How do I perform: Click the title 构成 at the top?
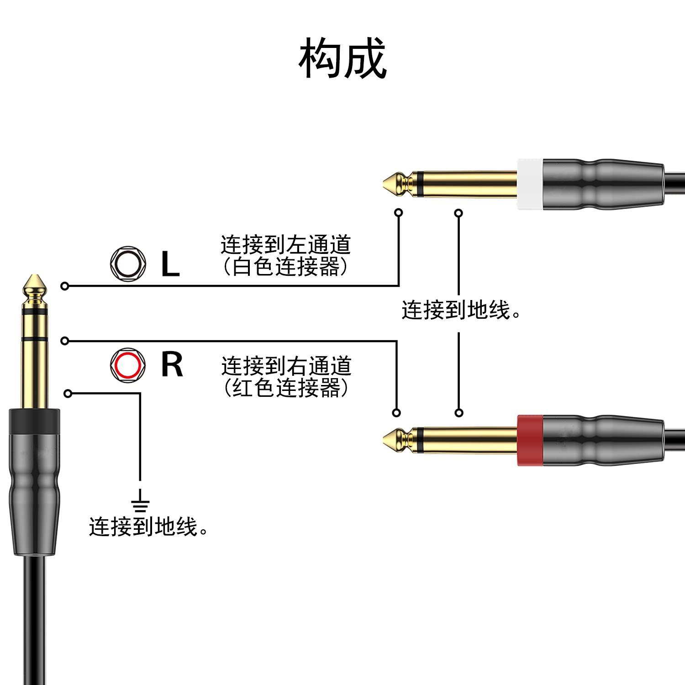(342, 58)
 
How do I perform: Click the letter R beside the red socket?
(172, 365)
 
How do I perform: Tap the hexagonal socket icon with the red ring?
(128, 365)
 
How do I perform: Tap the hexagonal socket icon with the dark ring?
(128, 264)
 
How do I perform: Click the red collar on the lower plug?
(530, 440)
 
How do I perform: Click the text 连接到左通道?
(286, 245)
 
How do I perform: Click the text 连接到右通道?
(286, 366)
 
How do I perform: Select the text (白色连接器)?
(286, 267)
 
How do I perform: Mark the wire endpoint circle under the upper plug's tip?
(399, 212)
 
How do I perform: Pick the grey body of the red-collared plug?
(603, 440)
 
